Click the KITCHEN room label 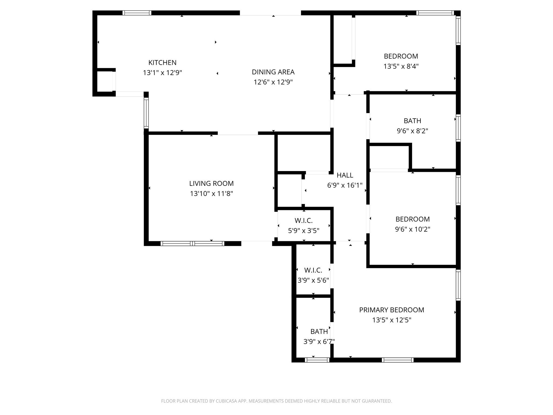point(162,63)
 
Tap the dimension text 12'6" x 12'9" point(273,82)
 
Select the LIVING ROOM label point(211,183)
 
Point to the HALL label point(345,175)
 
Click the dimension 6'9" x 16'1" point(345,185)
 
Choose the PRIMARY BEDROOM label point(392,310)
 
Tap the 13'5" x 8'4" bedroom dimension point(401,66)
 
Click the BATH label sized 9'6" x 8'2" point(412,121)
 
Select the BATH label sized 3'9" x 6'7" point(319,332)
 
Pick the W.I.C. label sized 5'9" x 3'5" point(304,221)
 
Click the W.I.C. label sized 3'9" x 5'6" point(313,270)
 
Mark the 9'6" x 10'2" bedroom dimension point(412,229)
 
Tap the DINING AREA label point(273,72)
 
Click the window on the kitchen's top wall point(137,13)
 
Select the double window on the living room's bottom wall point(192,243)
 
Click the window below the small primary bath point(317,360)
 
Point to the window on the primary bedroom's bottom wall point(397,360)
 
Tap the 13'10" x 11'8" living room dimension point(211,194)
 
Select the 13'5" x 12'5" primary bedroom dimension point(392,320)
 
